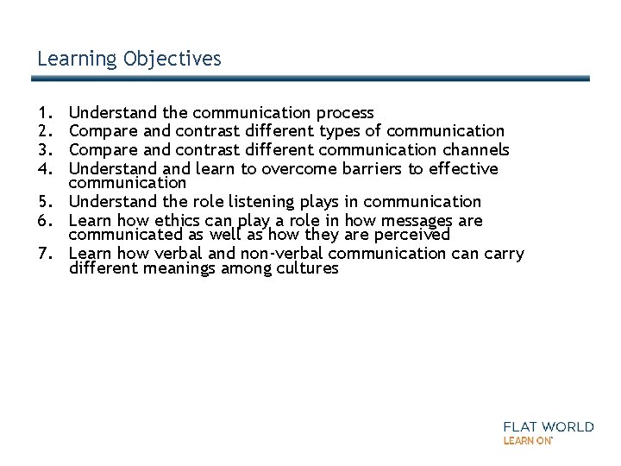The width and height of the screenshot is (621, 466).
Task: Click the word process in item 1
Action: (345, 113)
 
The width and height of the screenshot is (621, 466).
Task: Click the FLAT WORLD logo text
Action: (548, 426)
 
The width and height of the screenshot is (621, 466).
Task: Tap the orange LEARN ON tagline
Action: (527, 440)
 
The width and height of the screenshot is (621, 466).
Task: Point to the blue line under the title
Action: (310, 78)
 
